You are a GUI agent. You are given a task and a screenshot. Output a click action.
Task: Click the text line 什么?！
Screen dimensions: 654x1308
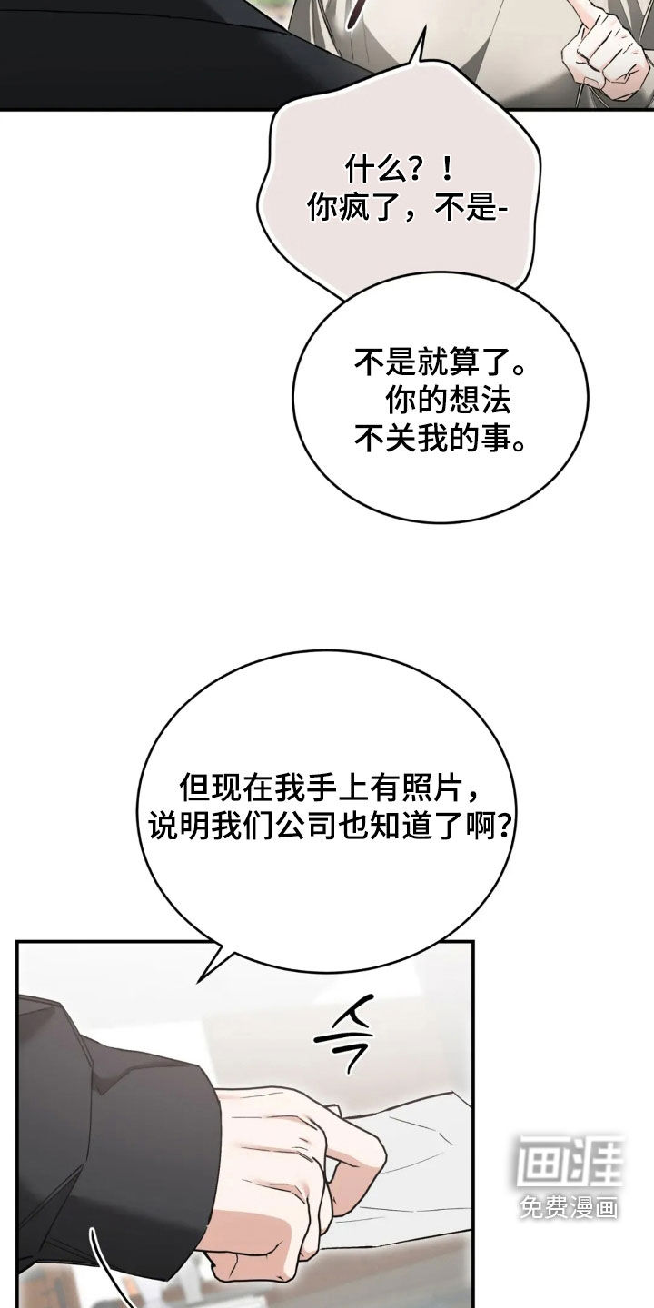point(400,171)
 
